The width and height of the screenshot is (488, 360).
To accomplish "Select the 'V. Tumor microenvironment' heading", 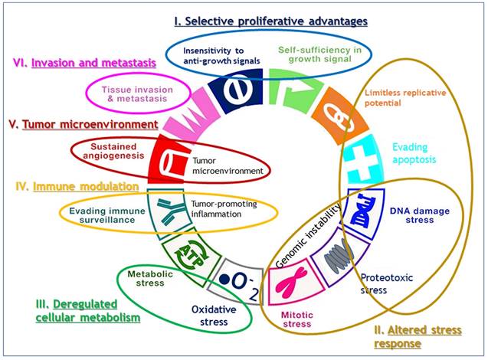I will click(80, 123).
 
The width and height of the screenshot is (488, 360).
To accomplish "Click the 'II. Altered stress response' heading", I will click(421, 337).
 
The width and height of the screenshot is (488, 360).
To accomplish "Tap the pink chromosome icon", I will click(290, 283).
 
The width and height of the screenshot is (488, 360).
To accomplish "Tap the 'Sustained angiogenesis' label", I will click(98, 149).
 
